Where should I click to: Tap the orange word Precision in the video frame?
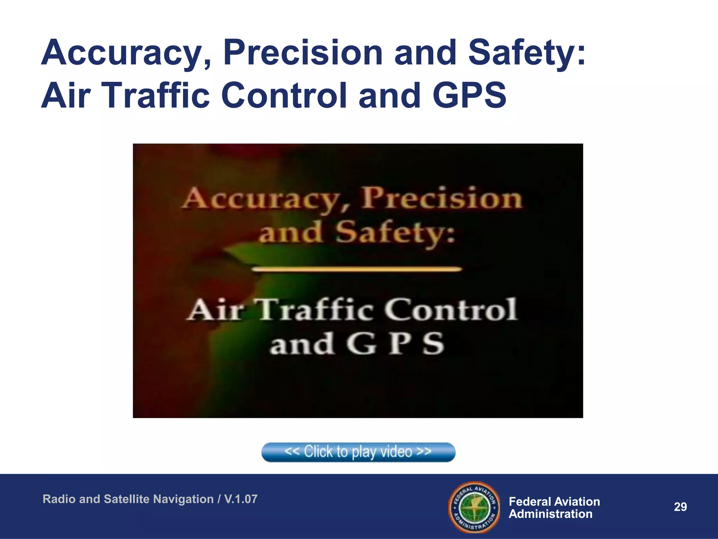(x=442, y=199)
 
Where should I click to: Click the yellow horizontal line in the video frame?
(x=357, y=269)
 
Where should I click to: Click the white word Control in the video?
(x=450, y=310)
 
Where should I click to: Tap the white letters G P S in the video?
(x=395, y=344)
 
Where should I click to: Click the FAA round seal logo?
(x=474, y=507)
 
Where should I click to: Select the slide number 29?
(x=680, y=507)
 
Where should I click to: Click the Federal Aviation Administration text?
(x=554, y=507)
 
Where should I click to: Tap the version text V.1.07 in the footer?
(x=241, y=499)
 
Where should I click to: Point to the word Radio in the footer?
(x=59, y=499)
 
